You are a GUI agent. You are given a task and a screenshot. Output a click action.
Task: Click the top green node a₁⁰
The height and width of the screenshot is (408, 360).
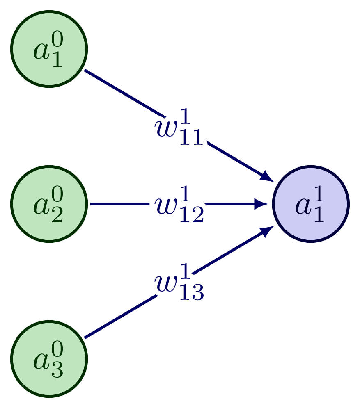[x=49, y=49]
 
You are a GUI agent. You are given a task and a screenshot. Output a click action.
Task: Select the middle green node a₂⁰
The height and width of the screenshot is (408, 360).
[x=49, y=204]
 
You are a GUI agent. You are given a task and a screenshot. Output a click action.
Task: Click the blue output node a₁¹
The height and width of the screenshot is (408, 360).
[x=311, y=204]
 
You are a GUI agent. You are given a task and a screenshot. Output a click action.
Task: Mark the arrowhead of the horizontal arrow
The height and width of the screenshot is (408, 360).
[x=263, y=204]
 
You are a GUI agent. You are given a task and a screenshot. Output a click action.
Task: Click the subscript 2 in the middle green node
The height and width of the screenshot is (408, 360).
[x=57, y=216]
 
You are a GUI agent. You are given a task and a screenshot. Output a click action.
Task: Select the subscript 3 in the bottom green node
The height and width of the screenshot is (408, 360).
[x=57, y=371]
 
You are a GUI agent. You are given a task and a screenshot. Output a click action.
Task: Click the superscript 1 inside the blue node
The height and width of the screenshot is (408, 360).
[x=319, y=196]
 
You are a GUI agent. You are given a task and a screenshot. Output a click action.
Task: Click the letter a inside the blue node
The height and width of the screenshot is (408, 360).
[x=303, y=207]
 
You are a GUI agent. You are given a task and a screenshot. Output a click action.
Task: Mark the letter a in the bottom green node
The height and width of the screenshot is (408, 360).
[x=41, y=362]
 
